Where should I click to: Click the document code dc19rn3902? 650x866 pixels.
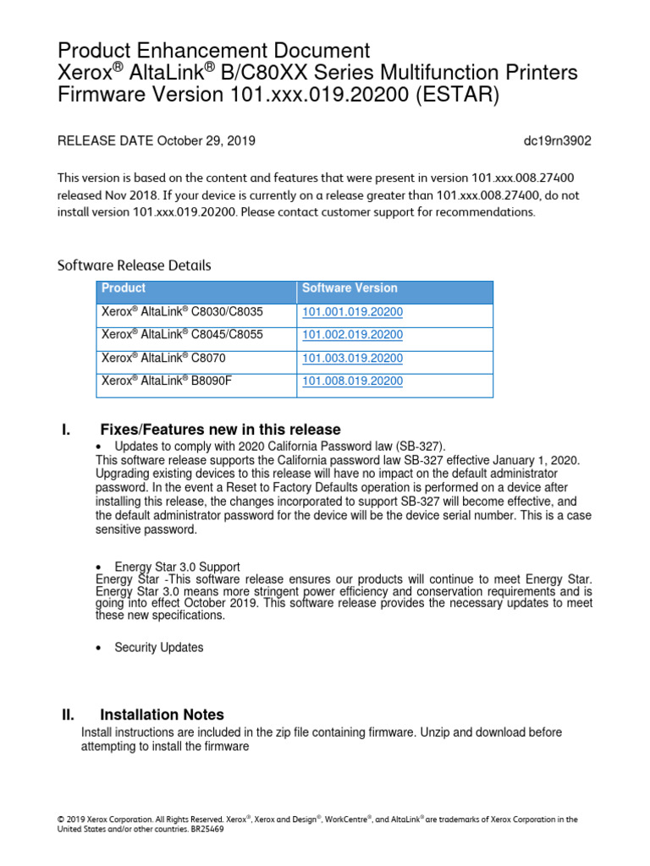(558, 141)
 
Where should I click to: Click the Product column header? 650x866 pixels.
(124, 288)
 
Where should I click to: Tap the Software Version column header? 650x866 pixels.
(350, 288)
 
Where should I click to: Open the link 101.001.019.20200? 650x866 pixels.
(352, 312)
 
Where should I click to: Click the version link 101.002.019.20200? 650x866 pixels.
(352, 335)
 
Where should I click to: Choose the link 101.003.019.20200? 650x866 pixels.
(352, 359)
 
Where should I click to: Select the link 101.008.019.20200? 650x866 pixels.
(352, 381)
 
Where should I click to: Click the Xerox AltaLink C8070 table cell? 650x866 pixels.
(163, 359)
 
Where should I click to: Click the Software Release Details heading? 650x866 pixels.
(134, 265)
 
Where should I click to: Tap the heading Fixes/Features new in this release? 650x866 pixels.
(220, 430)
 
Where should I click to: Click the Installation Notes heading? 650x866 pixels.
(162, 715)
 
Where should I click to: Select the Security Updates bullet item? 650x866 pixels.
(159, 648)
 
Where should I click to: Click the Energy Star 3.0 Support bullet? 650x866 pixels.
(177, 567)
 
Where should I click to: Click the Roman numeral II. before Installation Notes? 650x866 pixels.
(69, 715)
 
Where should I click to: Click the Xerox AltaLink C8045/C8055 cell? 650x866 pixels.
(182, 335)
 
